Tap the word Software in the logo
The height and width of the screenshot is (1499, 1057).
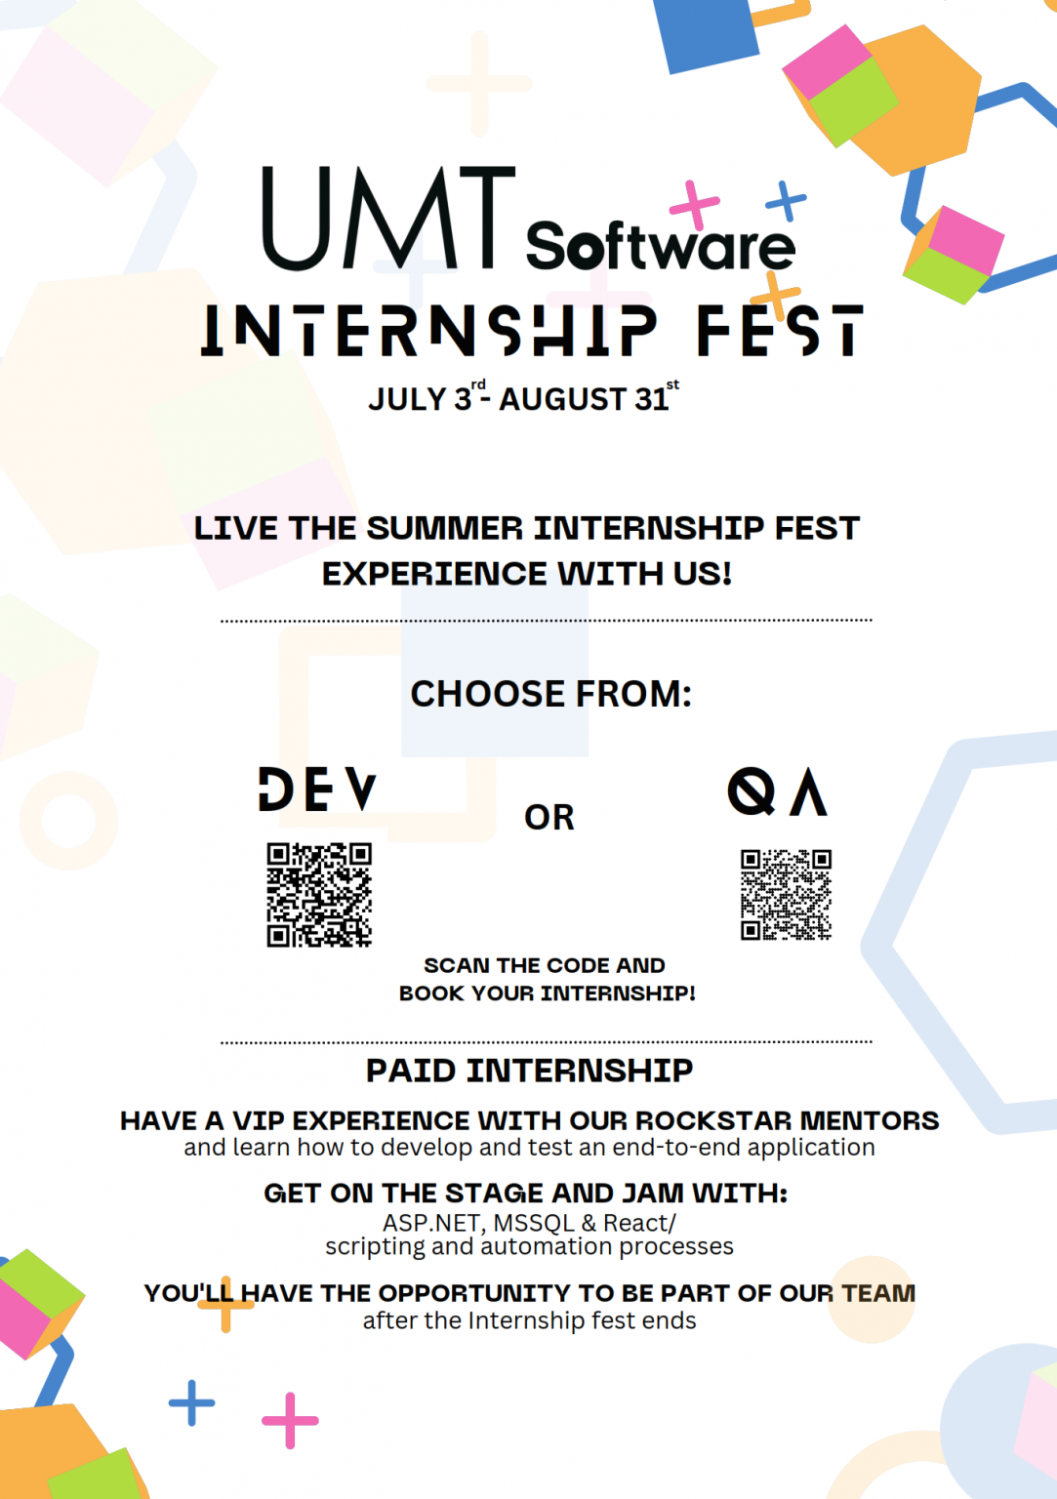(660, 246)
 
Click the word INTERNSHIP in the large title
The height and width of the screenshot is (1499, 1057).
(429, 330)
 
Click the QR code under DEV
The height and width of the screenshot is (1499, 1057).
(319, 895)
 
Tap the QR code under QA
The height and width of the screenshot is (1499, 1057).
(786, 895)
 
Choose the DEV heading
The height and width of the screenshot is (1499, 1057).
(317, 790)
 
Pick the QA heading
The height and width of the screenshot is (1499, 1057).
(778, 791)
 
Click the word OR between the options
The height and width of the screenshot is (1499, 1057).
(549, 818)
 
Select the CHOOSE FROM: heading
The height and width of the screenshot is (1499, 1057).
(550, 694)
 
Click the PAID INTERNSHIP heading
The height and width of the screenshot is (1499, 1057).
(529, 1071)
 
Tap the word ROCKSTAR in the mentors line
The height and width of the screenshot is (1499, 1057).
(713, 1120)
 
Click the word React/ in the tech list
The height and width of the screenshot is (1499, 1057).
(639, 1223)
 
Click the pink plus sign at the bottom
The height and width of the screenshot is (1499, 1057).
(290, 1420)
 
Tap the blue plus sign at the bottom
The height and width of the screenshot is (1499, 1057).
(191, 1403)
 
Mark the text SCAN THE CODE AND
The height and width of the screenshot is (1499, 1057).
(544, 965)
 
